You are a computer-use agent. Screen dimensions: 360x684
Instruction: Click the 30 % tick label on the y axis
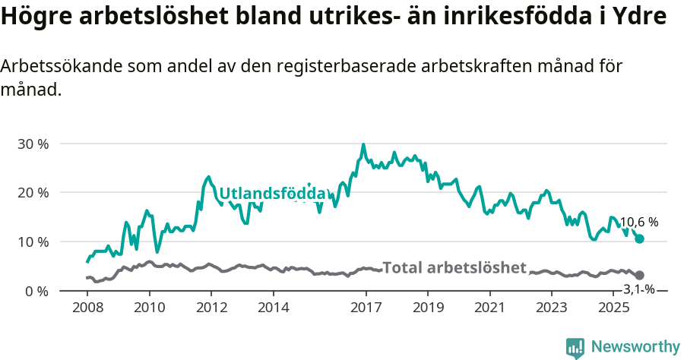(33, 144)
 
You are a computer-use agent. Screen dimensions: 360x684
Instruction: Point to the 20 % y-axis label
(33, 193)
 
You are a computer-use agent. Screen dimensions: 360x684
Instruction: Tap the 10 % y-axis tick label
(33, 242)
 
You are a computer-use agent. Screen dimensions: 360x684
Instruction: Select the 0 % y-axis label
(36, 291)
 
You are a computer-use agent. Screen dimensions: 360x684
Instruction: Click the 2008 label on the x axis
(87, 308)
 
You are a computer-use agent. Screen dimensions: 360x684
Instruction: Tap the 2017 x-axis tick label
(366, 308)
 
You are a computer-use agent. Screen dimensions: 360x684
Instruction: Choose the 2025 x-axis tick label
(613, 308)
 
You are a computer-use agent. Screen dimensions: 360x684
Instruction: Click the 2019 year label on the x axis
(428, 308)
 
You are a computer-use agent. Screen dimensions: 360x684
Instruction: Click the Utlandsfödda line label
(272, 193)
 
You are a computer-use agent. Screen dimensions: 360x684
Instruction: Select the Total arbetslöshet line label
(454, 267)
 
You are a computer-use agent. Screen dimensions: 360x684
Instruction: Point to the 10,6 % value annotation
(638, 223)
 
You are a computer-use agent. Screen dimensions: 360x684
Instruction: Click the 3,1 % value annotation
(638, 289)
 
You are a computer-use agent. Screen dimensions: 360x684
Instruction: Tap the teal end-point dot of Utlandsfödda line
(639, 238)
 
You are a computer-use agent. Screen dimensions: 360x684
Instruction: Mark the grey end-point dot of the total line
(639, 275)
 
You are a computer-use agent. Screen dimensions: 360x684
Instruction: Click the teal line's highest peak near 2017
(363, 144)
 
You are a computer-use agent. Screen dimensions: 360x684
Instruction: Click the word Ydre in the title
(640, 17)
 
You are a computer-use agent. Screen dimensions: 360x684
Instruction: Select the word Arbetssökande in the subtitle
(49, 66)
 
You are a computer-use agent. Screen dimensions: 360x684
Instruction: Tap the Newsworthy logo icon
(575, 347)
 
